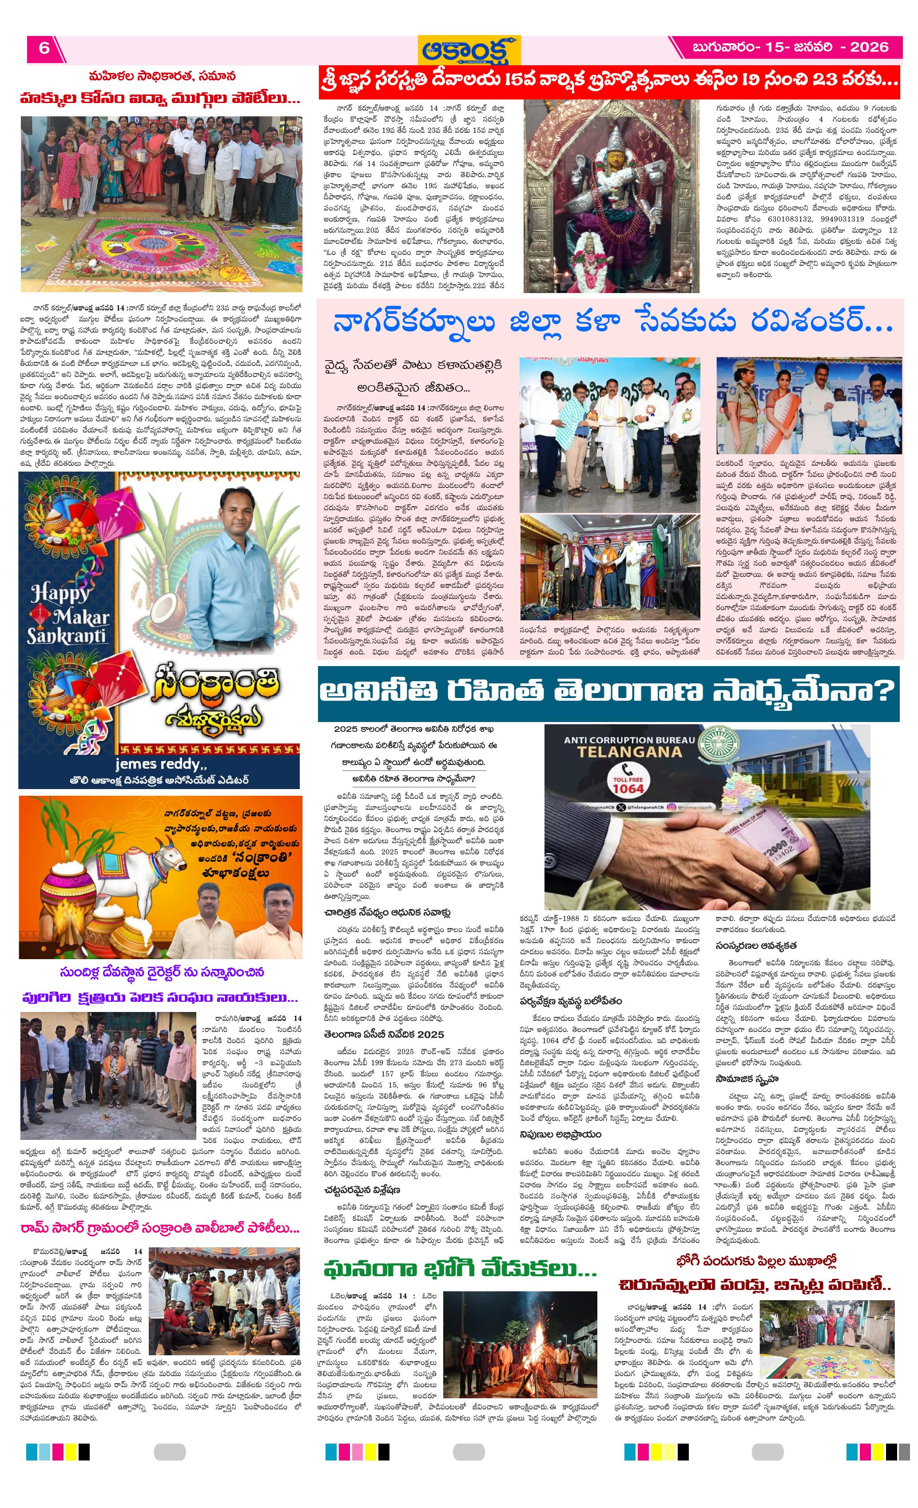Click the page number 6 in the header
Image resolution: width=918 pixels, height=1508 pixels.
pyautogui.click(x=44, y=48)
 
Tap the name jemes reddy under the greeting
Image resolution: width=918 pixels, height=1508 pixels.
pyautogui.click(x=161, y=764)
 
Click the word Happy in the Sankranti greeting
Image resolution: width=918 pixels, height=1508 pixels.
pyautogui.click(x=60, y=592)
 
